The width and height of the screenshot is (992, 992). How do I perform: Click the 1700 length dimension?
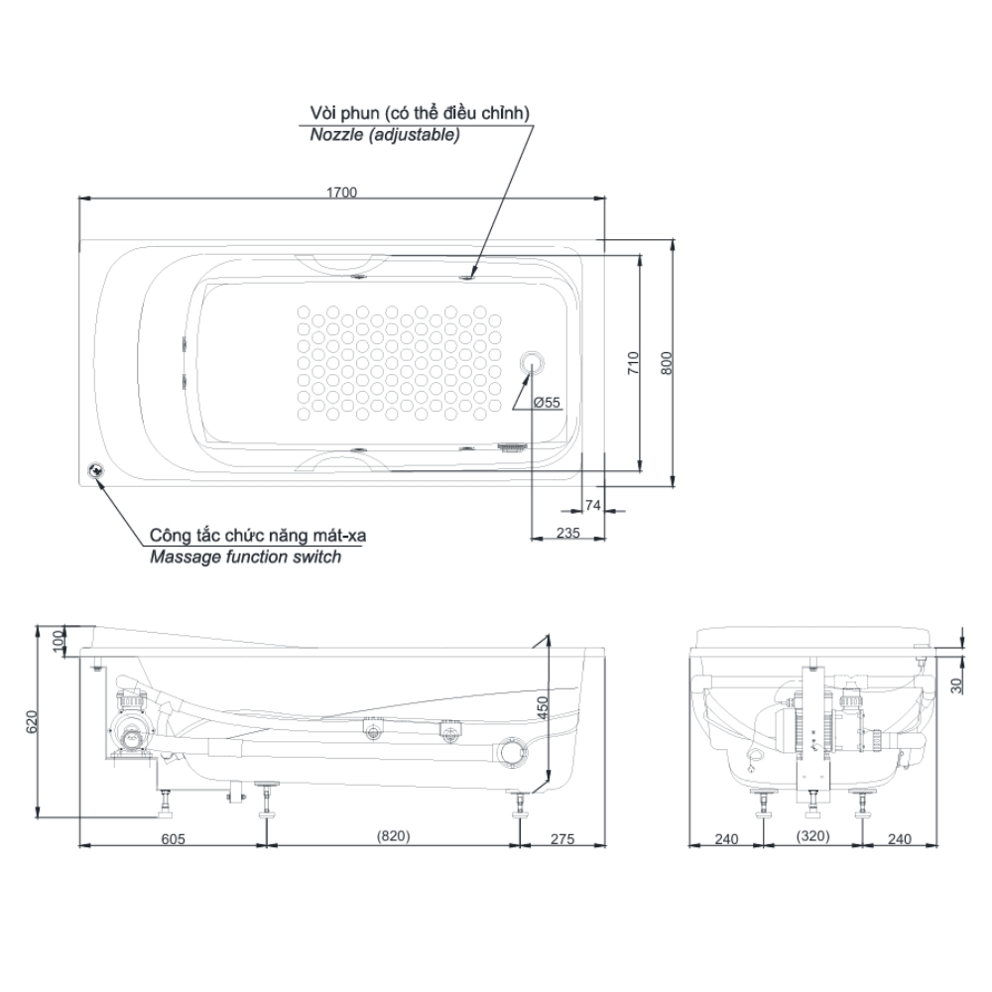click(341, 191)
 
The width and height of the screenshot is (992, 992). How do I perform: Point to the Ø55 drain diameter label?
click(547, 403)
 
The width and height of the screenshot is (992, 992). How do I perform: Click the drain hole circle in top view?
click(532, 362)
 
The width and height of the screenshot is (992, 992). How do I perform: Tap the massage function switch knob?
click(97, 471)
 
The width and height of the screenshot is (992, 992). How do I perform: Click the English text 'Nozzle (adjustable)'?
click(385, 135)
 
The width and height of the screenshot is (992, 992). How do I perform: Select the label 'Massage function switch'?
click(245, 557)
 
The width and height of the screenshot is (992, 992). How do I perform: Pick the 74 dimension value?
click(593, 505)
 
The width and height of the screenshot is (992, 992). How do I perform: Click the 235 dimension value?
click(568, 533)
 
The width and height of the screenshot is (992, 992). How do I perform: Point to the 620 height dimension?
click(33, 721)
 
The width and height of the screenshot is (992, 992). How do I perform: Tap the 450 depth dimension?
click(543, 707)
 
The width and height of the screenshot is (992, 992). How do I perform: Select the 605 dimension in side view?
click(174, 839)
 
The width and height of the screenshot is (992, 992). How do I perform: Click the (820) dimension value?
click(393, 835)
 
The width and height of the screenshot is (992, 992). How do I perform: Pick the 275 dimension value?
click(561, 839)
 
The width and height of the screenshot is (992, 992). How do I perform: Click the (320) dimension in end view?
click(812, 835)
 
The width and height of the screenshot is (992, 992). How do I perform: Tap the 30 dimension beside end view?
click(956, 685)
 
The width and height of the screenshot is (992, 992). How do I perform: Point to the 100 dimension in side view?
click(59, 642)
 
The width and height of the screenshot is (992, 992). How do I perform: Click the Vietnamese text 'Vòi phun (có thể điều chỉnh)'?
click(420, 113)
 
